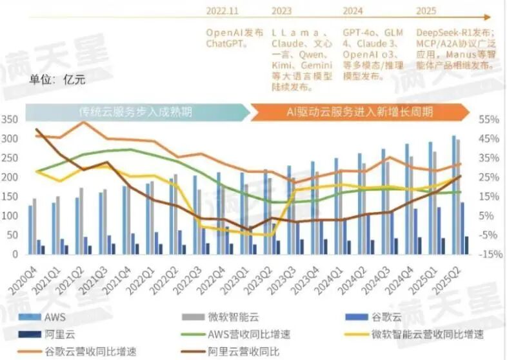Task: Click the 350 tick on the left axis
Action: (10, 120)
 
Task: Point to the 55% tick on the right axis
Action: (488, 120)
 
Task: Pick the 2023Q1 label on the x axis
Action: (237, 274)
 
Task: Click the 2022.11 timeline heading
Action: (223, 11)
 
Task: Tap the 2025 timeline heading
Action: (426, 11)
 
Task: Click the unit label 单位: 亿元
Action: (57, 80)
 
